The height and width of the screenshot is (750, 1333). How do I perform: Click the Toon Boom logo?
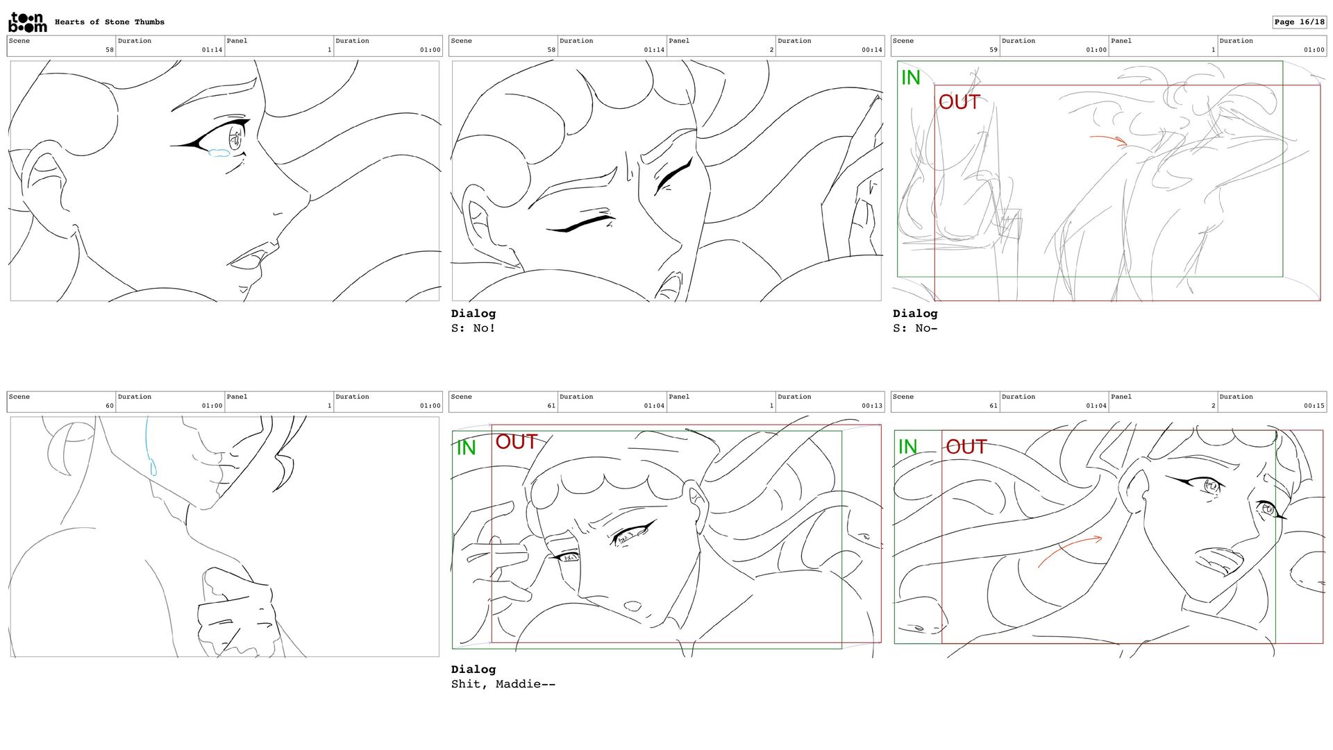pyautogui.click(x=28, y=22)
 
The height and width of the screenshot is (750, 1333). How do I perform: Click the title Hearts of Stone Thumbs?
pyautogui.click(x=110, y=22)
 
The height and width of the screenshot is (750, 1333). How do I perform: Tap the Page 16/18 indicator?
pyautogui.click(x=1299, y=22)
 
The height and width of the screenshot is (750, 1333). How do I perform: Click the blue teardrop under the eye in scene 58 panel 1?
pyautogui.click(x=219, y=153)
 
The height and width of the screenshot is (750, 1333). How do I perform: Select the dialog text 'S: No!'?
pyautogui.click(x=473, y=328)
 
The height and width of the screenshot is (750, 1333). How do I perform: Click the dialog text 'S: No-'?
pyautogui.click(x=915, y=328)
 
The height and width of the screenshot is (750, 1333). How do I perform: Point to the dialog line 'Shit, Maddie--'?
pyautogui.click(x=503, y=684)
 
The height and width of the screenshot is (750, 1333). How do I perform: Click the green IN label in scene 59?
pyautogui.click(x=910, y=78)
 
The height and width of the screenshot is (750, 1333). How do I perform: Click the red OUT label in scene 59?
pyautogui.click(x=959, y=102)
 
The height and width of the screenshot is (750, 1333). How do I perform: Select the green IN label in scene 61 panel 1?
pyautogui.click(x=466, y=448)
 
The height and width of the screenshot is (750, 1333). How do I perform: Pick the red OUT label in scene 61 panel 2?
pyautogui.click(x=966, y=447)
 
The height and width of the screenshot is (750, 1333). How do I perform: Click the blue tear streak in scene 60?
pyautogui.click(x=149, y=448)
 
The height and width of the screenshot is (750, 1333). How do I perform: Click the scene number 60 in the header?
pyautogui.click(x=110, y=406)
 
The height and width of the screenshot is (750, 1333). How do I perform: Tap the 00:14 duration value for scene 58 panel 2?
pyautogui.click(x=872, y=50)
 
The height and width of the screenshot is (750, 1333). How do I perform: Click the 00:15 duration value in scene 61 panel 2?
pyautogui.click(x=1314, y=406)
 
